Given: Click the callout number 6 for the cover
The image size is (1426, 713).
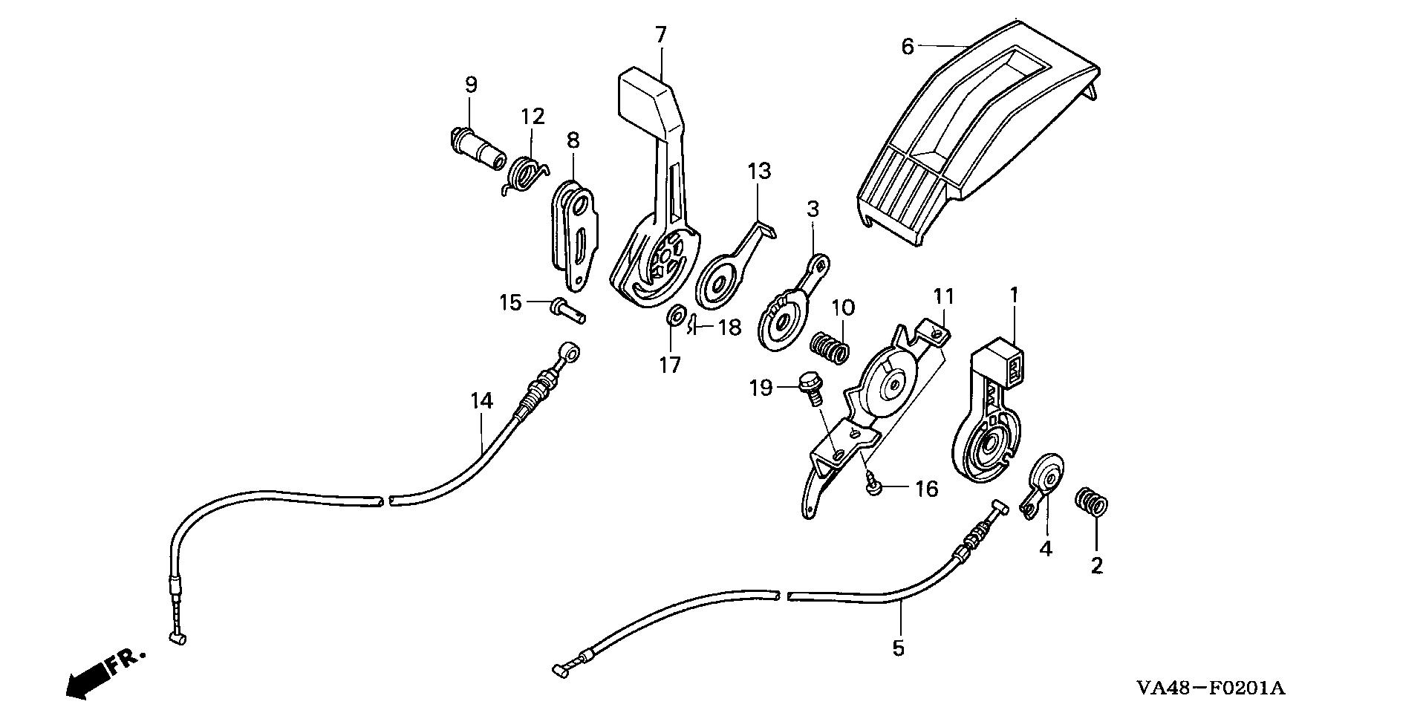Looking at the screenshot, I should [907, 47].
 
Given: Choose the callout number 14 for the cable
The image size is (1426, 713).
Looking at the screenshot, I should [481, 401].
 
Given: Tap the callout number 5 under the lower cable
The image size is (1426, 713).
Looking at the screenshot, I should [899, 648].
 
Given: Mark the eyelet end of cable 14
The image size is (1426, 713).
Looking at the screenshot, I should [568, 349].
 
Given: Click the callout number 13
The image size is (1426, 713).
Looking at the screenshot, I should [759, 172].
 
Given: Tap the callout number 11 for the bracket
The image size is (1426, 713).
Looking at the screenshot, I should [943, 298].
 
